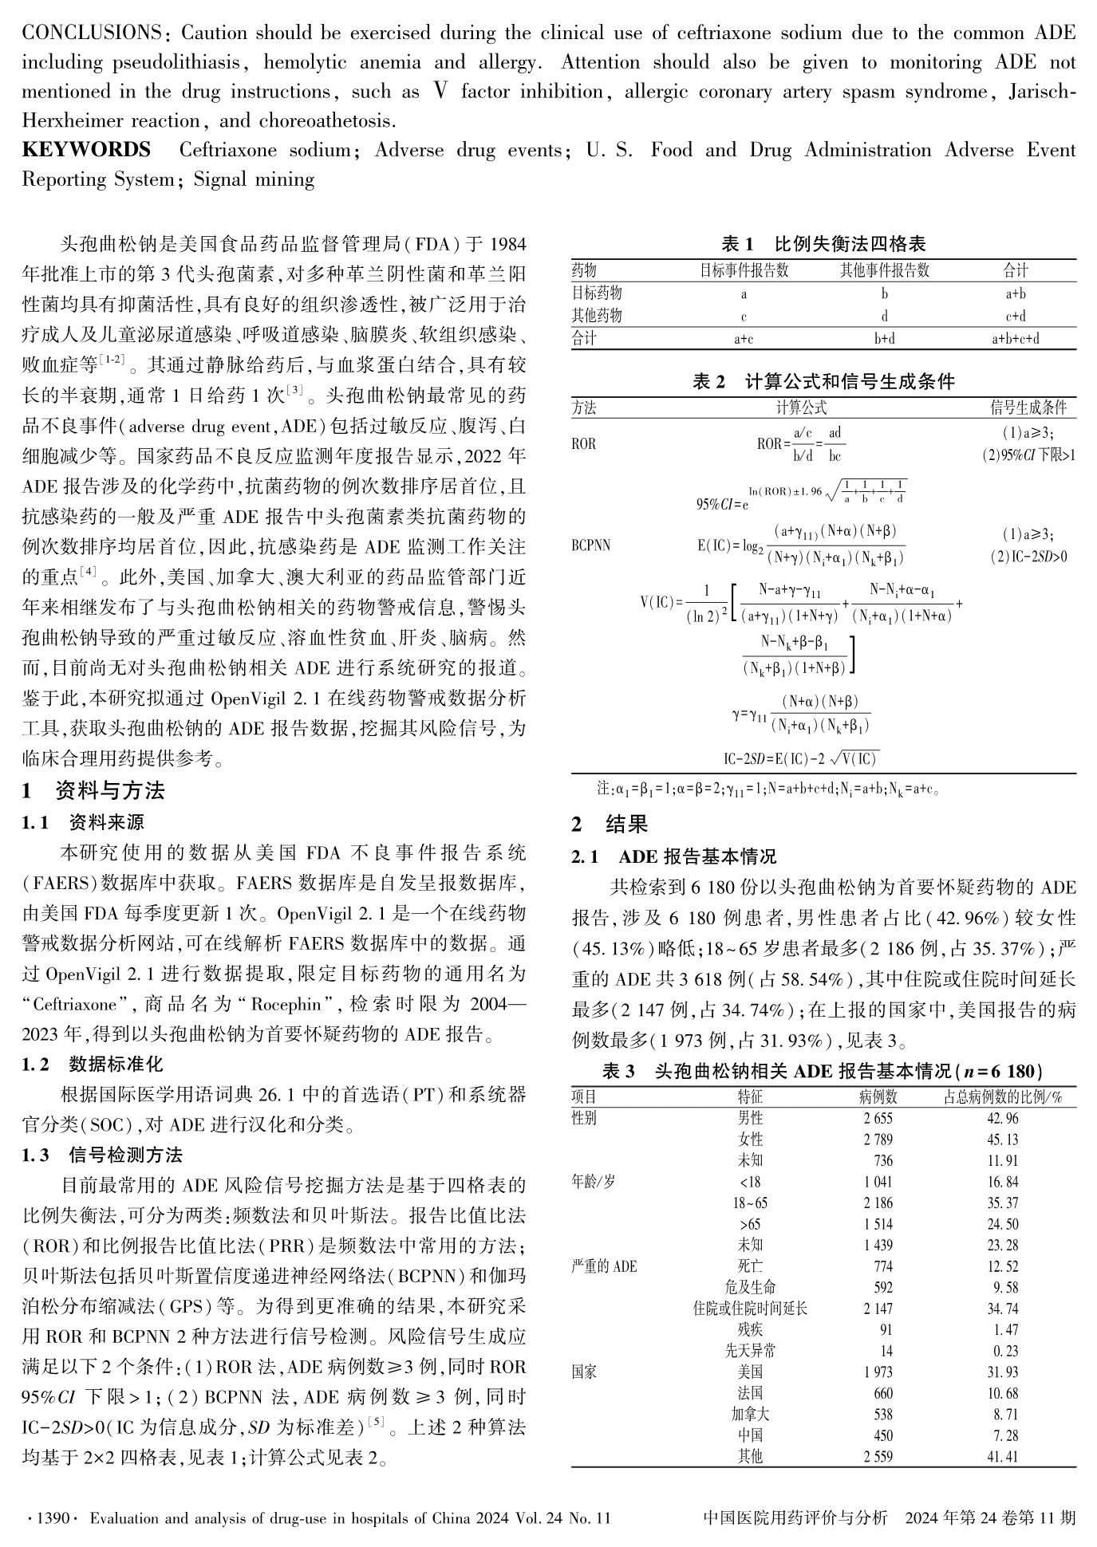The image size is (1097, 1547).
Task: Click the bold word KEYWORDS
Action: (x=86, y=150)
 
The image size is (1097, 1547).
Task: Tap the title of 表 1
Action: (x=823, y=244)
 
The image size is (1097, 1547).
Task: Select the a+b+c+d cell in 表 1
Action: (x=1015, y=339)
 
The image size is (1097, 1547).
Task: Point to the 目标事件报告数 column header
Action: (x=744, y=270)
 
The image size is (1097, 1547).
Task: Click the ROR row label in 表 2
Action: (x=584, y=444)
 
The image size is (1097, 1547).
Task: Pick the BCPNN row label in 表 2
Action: (x=590, y=545)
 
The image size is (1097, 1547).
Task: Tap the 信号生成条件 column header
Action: (x=1028, y=408)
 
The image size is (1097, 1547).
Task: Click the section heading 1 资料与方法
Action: (x=93, y=791)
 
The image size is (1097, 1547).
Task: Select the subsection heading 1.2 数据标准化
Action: (x=93, y=1064)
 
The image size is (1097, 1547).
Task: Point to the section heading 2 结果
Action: (x=610, y=824)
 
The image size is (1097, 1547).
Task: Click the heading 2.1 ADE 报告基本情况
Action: (x=673, y=857)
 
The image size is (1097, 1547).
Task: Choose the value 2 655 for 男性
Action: (x=878, y=1119)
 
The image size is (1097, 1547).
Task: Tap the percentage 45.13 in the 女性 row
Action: (x=1003, y=1140)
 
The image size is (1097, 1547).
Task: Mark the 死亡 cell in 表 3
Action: (x=750, y=1266)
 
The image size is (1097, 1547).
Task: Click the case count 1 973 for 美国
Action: (x=878, y=1372)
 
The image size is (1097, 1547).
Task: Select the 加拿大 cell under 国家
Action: (x=750, y=1415)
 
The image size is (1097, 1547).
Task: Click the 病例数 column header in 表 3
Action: (x=878, y=1097)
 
